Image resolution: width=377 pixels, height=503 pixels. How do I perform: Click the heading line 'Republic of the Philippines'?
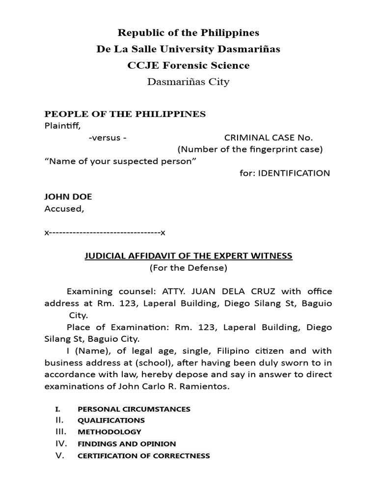click(188, 33)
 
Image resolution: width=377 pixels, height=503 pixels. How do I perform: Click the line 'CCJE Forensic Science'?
click(188, 65)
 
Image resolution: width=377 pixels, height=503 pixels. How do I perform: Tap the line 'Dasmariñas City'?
click(188, 82)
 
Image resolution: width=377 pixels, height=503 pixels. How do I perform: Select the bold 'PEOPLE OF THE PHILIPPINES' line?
click(125, 114)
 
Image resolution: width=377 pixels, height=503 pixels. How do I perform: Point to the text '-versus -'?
click(108, 138)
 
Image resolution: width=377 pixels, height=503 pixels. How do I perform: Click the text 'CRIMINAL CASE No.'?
click(269, 138)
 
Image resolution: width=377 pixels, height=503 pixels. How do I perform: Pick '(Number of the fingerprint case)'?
click(250, 149)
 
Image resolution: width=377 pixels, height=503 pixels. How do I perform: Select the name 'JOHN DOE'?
click(68, 196)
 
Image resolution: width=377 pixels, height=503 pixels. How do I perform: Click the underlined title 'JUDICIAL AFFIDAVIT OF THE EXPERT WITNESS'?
click(188, 256)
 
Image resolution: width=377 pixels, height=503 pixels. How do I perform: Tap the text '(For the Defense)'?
click(188, 268)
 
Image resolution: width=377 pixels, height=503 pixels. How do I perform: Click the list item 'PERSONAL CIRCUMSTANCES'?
click(134, 409)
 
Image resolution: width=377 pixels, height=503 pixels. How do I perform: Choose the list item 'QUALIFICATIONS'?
click(111, 420)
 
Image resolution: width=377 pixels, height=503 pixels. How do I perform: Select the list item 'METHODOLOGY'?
click(109, 432)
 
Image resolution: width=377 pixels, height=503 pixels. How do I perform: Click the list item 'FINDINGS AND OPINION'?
click(127, 444)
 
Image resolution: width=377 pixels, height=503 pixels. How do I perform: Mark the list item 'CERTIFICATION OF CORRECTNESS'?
click(144, 456)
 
